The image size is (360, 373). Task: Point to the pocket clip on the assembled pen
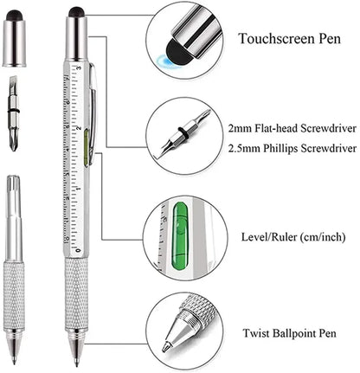(91, 104)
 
